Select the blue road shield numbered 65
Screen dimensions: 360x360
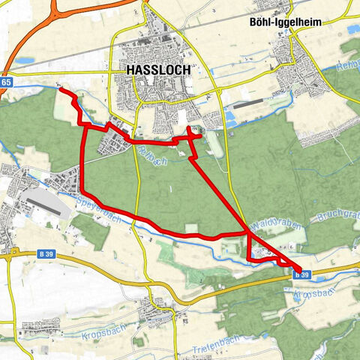[5, 81]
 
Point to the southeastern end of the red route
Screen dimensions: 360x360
[299, 271]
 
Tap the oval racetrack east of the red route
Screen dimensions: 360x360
[214, 143]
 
